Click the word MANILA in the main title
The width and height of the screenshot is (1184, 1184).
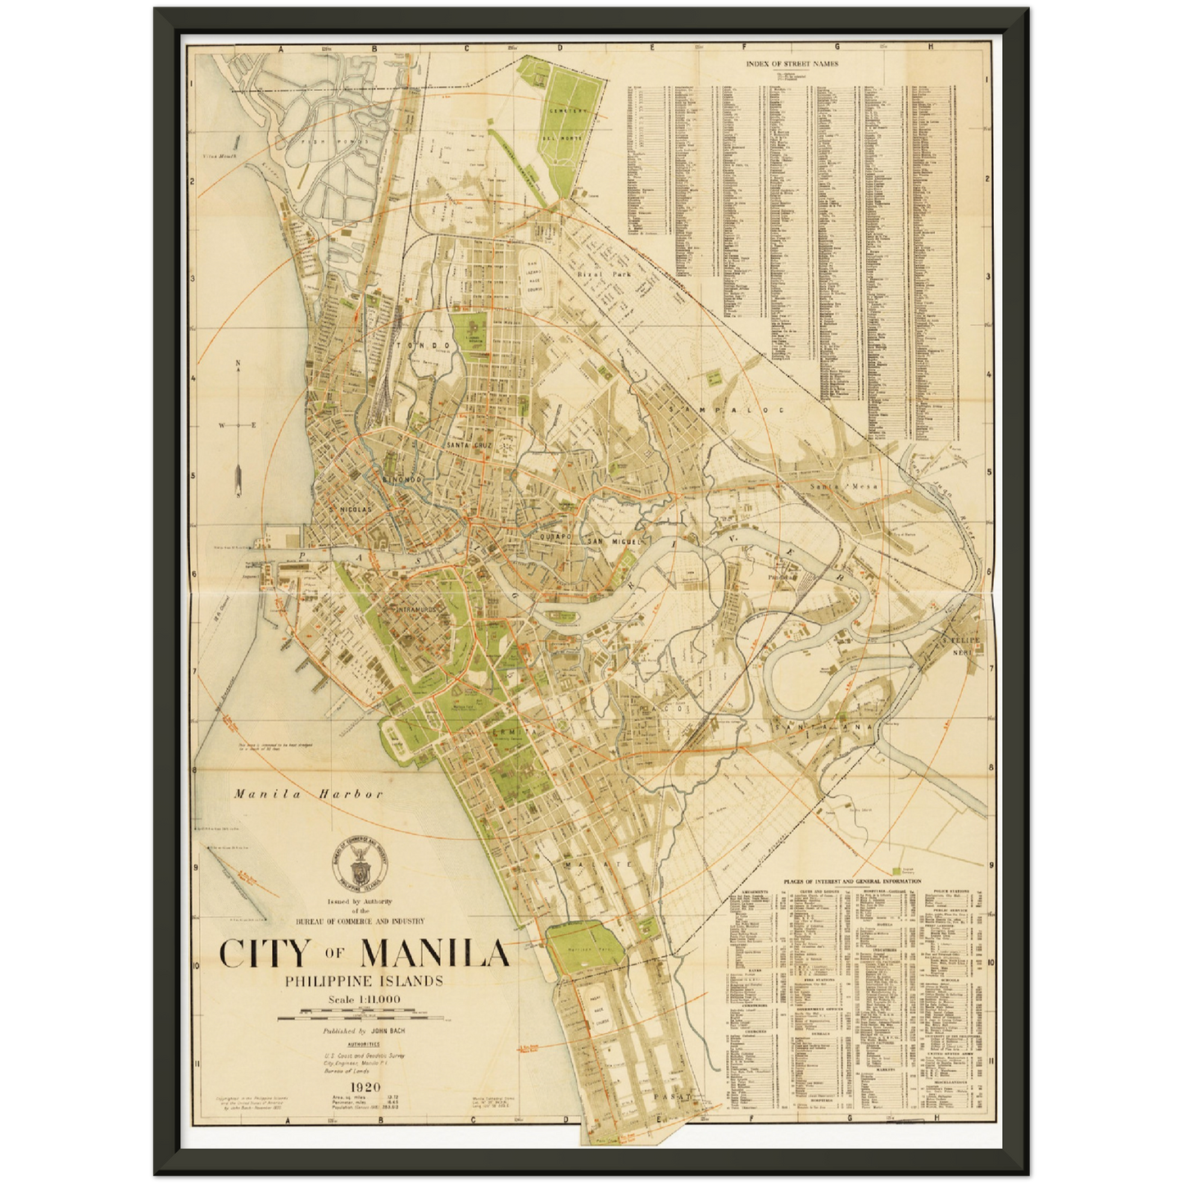pos(434,953)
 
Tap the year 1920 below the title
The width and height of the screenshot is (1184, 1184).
pos(364,1087)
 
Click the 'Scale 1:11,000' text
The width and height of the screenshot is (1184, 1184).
pos(364,999)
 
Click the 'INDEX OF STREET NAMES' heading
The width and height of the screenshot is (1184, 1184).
pos(792,63)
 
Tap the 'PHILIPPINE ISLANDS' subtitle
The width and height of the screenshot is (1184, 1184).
pos(364,981)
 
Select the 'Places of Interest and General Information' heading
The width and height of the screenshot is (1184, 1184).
pos(851,882)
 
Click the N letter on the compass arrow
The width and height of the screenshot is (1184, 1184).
pos(238,363)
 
